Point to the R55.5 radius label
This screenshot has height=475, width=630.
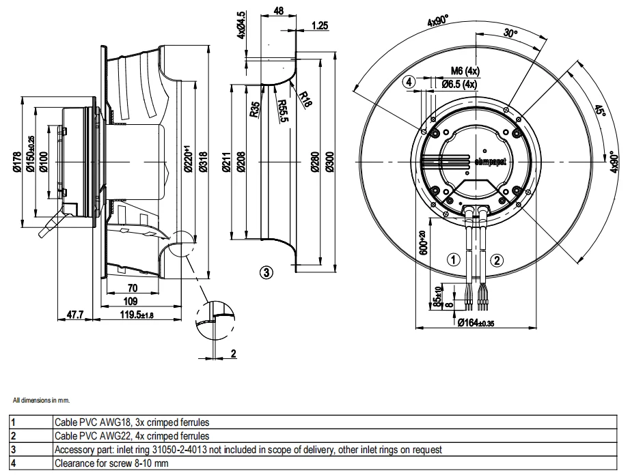pyautogui.click(x=282, y=111)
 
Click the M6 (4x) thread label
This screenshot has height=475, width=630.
pyautogui.click(x=465, y=72)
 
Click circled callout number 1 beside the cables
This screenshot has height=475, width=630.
pyautogui.click(x=452, y=259)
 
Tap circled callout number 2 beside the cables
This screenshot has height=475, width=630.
pyautogui.click(x=497, y=259)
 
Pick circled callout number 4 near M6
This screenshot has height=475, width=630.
pyautogui.click(x=409, y=82)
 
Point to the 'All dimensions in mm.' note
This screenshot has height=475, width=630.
pyautogui.click(x=41, y=400)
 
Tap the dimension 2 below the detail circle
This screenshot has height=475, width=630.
pyautogui.click(x=232, y=353)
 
